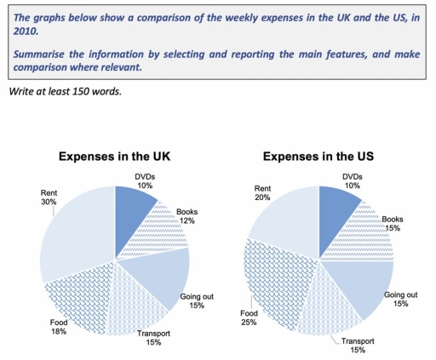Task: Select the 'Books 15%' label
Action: click(x=393, y=222)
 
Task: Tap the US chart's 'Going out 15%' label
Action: click(x=401, y=300)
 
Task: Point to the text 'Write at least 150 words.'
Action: click(x=65, y=91)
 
